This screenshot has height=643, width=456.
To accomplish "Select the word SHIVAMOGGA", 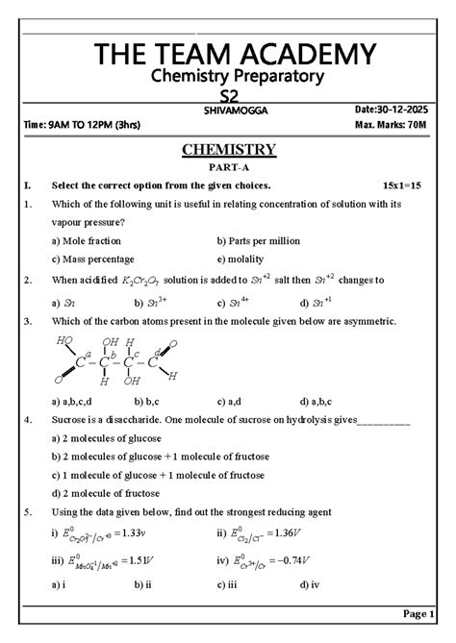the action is pyautogui.click(x=236, y=111).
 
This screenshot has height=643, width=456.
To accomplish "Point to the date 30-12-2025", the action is pyautogui.click(x=406, y=111).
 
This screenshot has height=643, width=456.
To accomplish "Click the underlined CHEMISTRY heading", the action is pyautogui.click(x=228, y=149).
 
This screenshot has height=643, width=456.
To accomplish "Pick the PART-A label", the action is pyautogui.click(x=228, y=167).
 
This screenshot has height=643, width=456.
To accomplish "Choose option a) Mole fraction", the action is pyautogui.click(x=87, y=240).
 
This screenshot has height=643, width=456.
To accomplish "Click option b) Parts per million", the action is pyautogui.click(x=259, y=240).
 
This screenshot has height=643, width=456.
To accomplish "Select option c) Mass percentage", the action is pyautogui.click(x=92, y=259).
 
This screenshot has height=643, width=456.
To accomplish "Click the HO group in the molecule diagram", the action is pyautogui.click(x=64, y=340).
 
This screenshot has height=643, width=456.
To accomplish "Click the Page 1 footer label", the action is pyautogui.click(x=419, y=612).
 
